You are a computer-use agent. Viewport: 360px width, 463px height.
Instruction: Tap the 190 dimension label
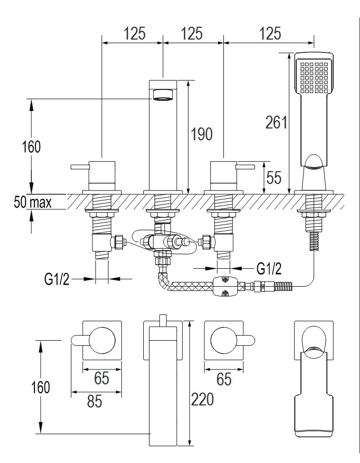pos(201,135)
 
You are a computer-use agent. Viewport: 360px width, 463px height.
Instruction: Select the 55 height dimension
pos(275,178)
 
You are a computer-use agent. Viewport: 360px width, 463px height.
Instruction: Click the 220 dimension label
pos(202,399)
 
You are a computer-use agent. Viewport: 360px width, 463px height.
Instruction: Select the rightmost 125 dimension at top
pos(270,34)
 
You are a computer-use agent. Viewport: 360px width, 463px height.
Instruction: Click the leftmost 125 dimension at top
pos(134,34)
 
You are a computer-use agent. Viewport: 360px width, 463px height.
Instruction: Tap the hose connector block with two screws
pos(224,286)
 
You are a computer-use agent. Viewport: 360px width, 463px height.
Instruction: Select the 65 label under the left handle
pos(102,379)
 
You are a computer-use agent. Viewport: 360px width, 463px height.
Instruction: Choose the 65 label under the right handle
pos(223,379)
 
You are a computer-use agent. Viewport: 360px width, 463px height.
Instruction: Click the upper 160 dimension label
pos(31,147)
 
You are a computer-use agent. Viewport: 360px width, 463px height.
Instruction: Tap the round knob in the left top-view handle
pos(102,340)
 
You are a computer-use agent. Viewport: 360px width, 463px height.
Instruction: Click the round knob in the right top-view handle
pos(223,340)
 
